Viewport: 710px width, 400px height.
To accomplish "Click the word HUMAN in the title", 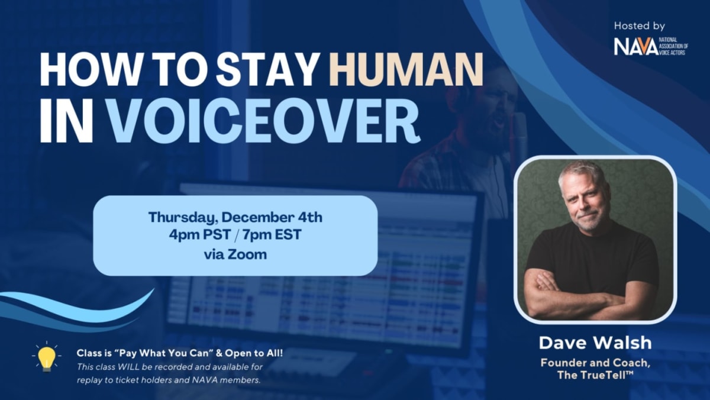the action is click(x=406, y=69).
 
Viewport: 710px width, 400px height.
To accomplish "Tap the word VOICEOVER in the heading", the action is click(x=263, y=121).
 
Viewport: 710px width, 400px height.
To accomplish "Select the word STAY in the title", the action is click(x=267, y=69).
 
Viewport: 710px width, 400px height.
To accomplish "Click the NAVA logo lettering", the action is click(x=636, y=46).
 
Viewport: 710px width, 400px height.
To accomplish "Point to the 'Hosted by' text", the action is click(x=640, y=26).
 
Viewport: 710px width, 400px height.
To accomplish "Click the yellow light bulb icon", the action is click(x=47, y=357).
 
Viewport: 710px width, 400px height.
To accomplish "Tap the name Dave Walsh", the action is click(x=595, y=343).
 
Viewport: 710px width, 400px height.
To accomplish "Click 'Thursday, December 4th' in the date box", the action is click(x=235, y=217).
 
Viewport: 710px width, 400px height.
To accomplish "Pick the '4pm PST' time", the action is click(x=200, y=235).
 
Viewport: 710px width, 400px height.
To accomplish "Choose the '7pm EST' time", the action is click(x=272, y=235).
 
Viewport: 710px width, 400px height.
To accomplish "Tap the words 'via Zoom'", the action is click(x=235, y=254).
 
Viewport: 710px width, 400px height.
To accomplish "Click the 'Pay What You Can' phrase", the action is click(x=165, y=353).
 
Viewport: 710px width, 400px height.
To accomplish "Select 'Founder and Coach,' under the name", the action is click(x=595, y=363).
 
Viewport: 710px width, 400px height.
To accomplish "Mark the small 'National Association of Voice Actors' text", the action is click(x=673, y=46).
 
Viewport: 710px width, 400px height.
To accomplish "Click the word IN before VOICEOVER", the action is click(x=66, y=121).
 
